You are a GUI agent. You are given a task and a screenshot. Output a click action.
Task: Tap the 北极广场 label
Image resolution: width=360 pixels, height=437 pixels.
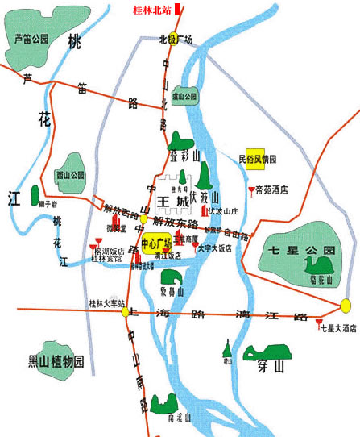click(x=175, y=38)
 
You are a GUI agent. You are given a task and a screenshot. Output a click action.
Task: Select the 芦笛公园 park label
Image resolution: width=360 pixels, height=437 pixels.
click(x=31, y=39)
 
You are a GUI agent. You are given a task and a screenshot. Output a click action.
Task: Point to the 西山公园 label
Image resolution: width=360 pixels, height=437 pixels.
click(x=70, y=174)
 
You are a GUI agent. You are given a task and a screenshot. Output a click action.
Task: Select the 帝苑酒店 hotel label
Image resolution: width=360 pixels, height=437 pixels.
click(x=271, y=191)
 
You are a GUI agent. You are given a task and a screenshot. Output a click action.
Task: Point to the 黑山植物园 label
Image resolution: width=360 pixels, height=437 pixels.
click(x=56, y=361)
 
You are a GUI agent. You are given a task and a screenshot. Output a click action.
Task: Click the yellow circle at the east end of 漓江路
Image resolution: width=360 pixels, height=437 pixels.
click(x=346, y=306)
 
